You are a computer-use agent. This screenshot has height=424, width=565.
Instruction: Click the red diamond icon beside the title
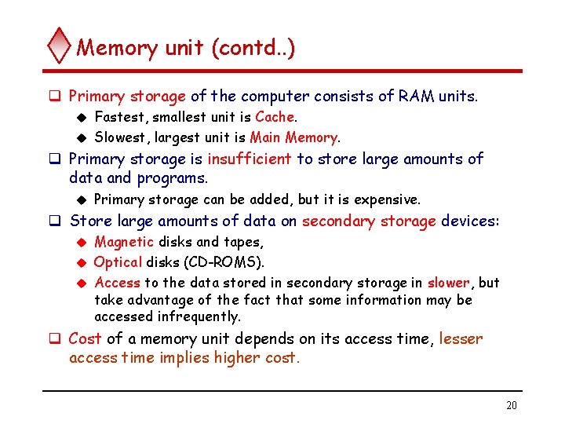pos(60,46)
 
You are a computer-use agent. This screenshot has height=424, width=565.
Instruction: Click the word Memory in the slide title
pos(117,48)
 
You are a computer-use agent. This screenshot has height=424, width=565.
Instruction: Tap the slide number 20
pos(512,405)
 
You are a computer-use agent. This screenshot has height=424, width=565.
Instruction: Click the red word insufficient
pos(250,159)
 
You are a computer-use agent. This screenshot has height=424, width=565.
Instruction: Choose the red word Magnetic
pos(123,242)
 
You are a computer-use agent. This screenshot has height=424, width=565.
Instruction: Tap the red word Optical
pos(118,261)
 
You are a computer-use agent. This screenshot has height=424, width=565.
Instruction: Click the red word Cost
pos(86,339)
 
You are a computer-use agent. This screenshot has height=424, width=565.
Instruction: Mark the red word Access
pos(117,283)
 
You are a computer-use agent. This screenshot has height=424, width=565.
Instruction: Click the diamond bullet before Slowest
pos(79,137)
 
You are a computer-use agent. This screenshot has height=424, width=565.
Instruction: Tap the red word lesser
pos(461,339)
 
